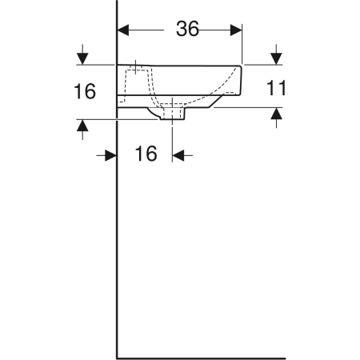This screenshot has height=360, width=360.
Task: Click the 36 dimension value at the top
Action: click(187, 30)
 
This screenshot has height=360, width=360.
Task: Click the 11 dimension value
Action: click(274, 88)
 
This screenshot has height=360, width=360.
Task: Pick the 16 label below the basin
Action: click(146, 154)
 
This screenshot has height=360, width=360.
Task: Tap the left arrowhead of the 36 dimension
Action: click(123, 30)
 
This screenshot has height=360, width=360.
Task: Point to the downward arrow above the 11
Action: click(275, 58)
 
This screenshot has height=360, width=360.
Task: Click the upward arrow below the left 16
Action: click(82, 126)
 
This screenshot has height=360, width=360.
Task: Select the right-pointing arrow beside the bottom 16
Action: click(111, 155)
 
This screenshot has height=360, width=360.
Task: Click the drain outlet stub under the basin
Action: click(174, 117)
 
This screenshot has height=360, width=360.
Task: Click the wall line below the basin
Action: click(118, 240)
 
